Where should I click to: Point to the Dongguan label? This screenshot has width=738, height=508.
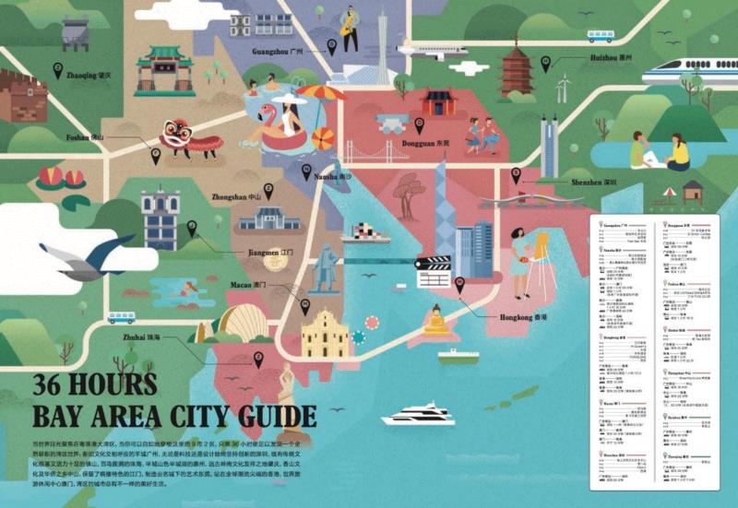(x=433, y=144)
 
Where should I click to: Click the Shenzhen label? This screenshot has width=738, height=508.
(x=593, y=183)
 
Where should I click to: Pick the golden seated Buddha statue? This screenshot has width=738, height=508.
(x=435, y=322)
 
